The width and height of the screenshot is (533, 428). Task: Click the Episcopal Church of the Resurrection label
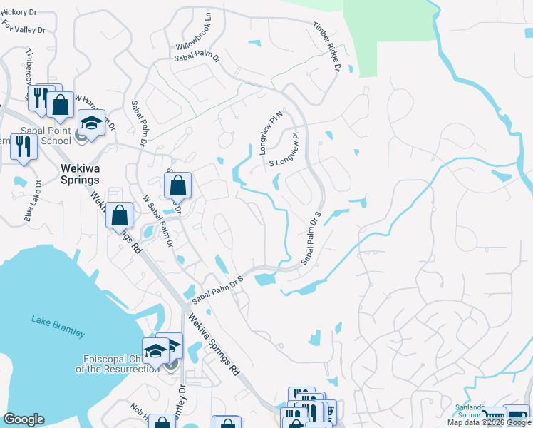pyautogui.click(x=118, y=363)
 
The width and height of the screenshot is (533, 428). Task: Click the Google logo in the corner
pyautogui.click(x=24, y=419)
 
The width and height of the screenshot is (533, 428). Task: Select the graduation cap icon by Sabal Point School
pyautogui.click(x=91, y=122)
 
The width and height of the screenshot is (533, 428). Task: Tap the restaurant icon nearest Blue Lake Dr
pyautogui.click(x=24, y=146)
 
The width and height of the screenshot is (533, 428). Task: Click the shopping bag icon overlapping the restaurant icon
pyautogui.click(x=61, y=104)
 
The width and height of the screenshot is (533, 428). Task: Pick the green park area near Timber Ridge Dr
pyautogui.click(x=388, y=36)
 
